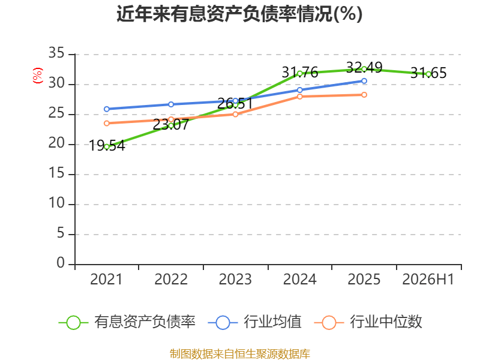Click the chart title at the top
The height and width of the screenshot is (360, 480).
(x=239, y=14)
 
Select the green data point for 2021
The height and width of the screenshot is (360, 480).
(x=107, y=147)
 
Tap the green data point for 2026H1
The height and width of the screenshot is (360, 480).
(x=428, y=74)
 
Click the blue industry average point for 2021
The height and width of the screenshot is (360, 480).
(x=107, y=109)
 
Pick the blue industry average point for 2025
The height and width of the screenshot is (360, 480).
(x=364, y=81)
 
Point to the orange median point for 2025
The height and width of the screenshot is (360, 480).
(x=364, y=95)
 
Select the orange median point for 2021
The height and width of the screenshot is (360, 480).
(x=107, y=124)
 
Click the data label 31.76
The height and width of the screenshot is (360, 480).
(x=299, y=73)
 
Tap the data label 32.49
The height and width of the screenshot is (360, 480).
(x=364, y=67)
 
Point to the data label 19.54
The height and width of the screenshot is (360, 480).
(x=107, y=146)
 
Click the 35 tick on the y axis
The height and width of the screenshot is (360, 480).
(x=56, y=53)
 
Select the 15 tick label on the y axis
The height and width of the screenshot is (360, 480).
(x=56, y=173)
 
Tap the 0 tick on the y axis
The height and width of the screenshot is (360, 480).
(x=61, y=263)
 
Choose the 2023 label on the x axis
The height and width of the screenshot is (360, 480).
(x=235, y=280)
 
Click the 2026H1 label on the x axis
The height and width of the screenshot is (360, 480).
(x=428, y=280)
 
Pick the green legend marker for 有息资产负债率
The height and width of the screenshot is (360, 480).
(x=73, y=323)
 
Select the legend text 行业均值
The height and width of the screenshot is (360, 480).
(x=273, y=322)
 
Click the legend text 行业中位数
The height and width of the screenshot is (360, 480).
(x=386, y=322)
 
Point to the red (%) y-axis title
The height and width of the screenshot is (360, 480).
(x=38, y=76)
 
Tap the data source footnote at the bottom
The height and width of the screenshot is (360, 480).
(x=239, y=354)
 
